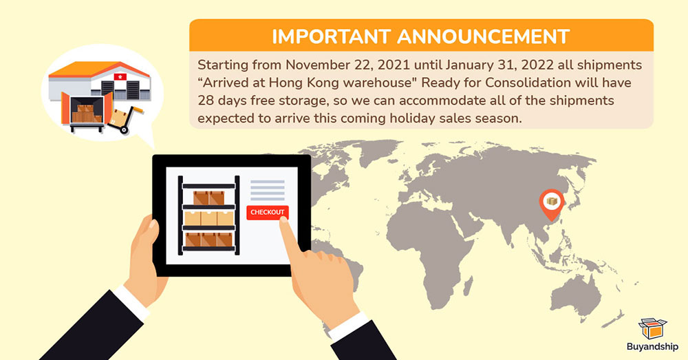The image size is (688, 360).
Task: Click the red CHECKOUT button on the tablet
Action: [267, 213]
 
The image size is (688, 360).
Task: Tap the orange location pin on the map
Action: [552, 204]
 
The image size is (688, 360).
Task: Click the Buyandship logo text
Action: [652, 347]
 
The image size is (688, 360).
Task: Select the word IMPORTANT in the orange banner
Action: [331, 37]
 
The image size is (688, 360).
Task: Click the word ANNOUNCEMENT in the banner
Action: [484, 37]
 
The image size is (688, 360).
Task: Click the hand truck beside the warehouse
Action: [124, 118]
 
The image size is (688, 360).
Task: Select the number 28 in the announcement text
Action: [205, 100]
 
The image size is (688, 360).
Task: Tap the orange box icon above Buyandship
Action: [652, 329]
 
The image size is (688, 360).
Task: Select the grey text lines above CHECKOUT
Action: [267, 190]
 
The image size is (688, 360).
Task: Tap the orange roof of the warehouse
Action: [98, 70]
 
